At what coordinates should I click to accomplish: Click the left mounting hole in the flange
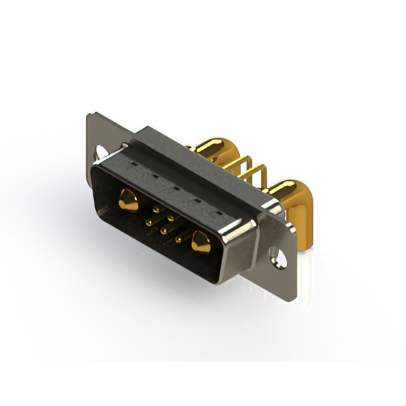(x=101, y=152)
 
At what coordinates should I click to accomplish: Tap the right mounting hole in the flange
(x=277, y=256)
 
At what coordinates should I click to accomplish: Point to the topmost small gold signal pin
(x=157, y=208)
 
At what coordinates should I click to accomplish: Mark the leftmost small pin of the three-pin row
(x=148, y=222)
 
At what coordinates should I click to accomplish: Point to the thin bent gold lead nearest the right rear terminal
(x=258, y=174)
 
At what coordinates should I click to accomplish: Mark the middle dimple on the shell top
(x=175, y=188)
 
